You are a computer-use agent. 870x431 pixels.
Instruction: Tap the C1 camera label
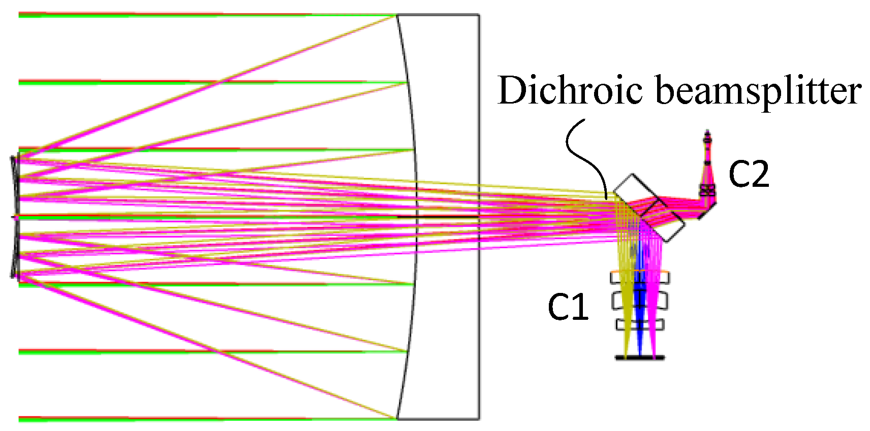tap(568, 307)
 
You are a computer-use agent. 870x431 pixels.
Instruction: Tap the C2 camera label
tap(749, 174)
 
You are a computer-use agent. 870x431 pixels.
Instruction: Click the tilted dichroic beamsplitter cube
tap(649, 208)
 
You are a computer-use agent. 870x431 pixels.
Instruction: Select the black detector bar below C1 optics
tap(640, 358)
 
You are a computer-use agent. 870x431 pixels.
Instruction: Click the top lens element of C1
tap(640, 278)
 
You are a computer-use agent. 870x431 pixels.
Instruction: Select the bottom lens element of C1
tap(640, 324)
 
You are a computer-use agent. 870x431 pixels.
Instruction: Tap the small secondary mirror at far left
tap(15, 217)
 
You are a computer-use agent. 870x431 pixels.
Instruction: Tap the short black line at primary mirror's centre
tap(437, 217)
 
